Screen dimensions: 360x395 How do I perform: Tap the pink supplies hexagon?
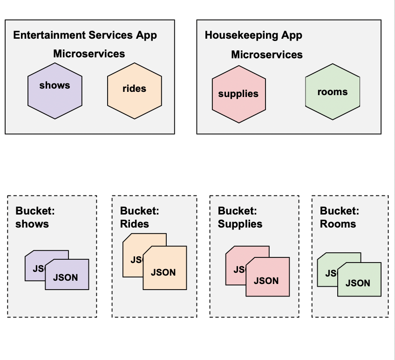point(238,94)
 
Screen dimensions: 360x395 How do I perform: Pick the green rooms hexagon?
point(333,92)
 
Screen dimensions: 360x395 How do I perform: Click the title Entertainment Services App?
point(85,35)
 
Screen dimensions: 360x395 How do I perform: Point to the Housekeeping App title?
point(253,35)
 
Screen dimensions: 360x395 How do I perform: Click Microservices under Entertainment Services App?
point(89,54)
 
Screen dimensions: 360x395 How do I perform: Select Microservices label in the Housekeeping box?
point(267,55)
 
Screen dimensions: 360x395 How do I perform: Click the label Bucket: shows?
point(35,217)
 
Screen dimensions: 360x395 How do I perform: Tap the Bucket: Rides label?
point(140,217)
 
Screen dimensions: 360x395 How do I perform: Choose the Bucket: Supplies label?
point(240,217)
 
